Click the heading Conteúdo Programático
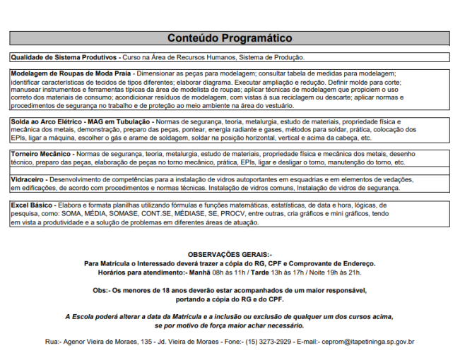point(230,37)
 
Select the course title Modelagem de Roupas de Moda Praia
point(71,73)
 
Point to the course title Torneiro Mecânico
point(40,153)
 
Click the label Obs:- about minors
point(101,290)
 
